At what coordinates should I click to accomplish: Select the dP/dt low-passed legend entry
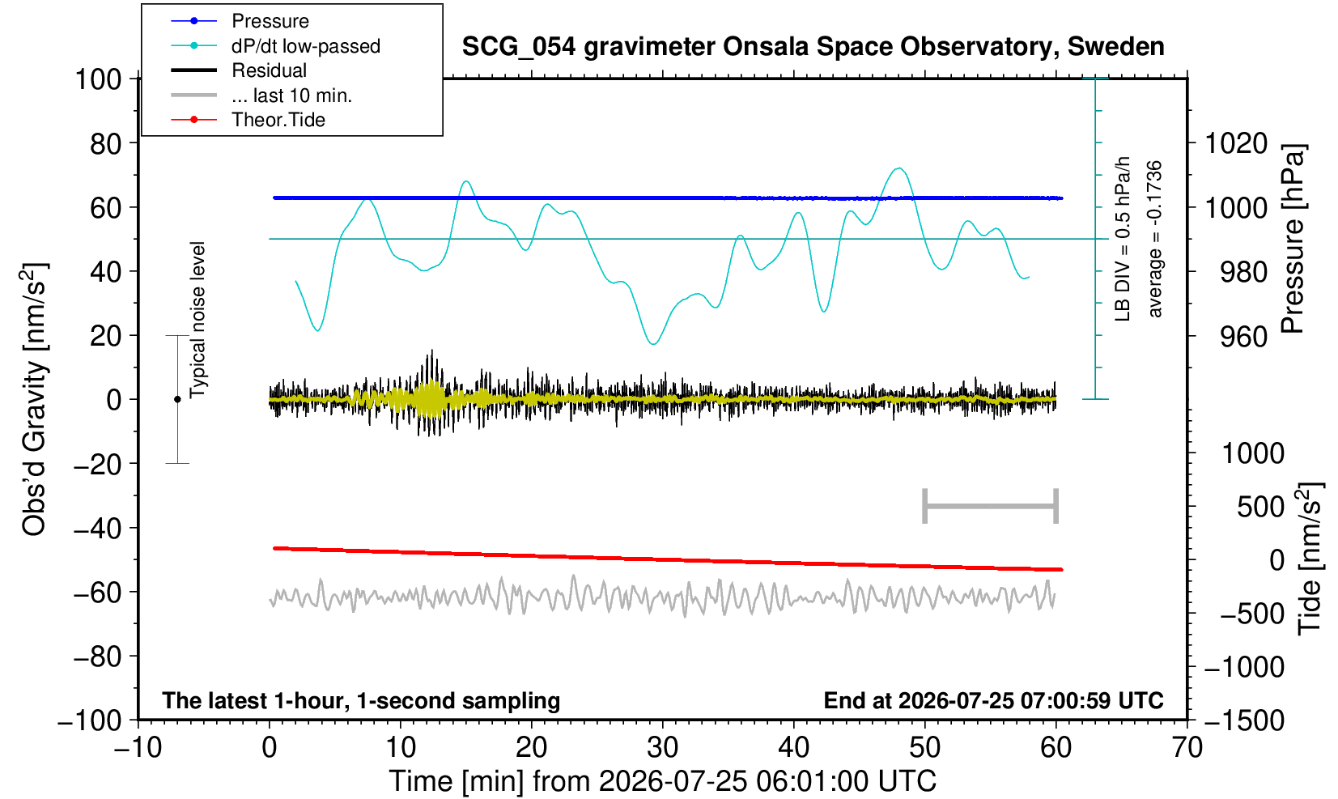[x=275, y=46]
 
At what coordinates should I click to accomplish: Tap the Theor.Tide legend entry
[x=248, y=120]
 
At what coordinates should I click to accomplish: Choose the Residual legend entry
[x=239, y=70]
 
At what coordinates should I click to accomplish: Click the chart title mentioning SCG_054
[x=813, y=47]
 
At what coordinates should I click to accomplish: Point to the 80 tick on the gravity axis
[x=106, y=143]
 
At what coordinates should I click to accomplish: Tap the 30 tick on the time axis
[x=662, y=747]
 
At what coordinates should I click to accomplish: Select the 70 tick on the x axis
[x=1187, y=747]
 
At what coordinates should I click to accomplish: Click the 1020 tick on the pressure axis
[x=1236, y=143]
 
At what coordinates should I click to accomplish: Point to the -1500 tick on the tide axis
[x=1244, y=720]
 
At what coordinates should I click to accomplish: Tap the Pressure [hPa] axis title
[x=1293, y=239]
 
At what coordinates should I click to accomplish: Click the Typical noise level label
[x=198, y=321]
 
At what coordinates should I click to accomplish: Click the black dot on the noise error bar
[x=177, y=399]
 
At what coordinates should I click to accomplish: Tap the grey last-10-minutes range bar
[x=991, y=506]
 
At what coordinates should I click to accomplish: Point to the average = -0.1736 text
[x=1154, y=239]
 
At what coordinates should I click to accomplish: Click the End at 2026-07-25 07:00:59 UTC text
[x=993, y=700]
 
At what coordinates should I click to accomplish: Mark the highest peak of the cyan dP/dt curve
[x=898, y=168]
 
